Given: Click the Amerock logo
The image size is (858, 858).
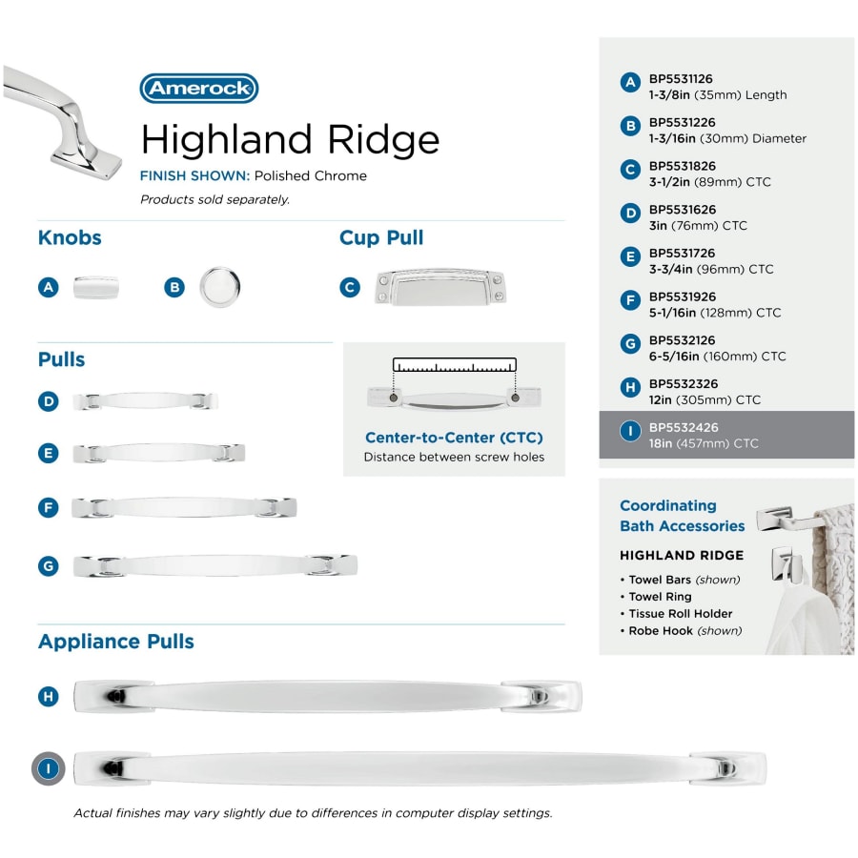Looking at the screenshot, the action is point(199,88).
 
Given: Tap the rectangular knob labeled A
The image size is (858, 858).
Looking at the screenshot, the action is point(95,287).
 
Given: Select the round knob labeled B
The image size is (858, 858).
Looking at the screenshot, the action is point(219,287).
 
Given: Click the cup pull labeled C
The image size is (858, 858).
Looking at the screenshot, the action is point(440,287).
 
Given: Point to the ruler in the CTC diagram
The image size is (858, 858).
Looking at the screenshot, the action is point(454,365).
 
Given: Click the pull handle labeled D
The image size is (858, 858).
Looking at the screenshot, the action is point(145,401).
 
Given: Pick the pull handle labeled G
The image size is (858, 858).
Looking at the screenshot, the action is point(215,565).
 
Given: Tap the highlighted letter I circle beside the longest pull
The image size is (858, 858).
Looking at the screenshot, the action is point(49,768).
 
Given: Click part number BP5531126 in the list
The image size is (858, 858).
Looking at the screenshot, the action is point(681,79).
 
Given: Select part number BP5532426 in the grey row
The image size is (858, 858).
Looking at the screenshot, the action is point(684,427).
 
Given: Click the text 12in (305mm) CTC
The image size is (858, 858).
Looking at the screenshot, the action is point(705,400).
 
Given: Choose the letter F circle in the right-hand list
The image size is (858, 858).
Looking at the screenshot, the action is point(630,300).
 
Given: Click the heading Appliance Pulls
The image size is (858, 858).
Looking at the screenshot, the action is point(116,642).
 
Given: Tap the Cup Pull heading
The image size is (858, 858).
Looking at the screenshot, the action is point(381,237).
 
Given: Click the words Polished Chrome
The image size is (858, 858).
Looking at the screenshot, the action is point(310,175).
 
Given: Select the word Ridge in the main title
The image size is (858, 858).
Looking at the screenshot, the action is point(383,140).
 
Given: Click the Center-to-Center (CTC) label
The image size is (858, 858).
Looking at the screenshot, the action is point(454,438).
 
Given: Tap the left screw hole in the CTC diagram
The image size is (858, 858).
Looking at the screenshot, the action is point(394,398).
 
